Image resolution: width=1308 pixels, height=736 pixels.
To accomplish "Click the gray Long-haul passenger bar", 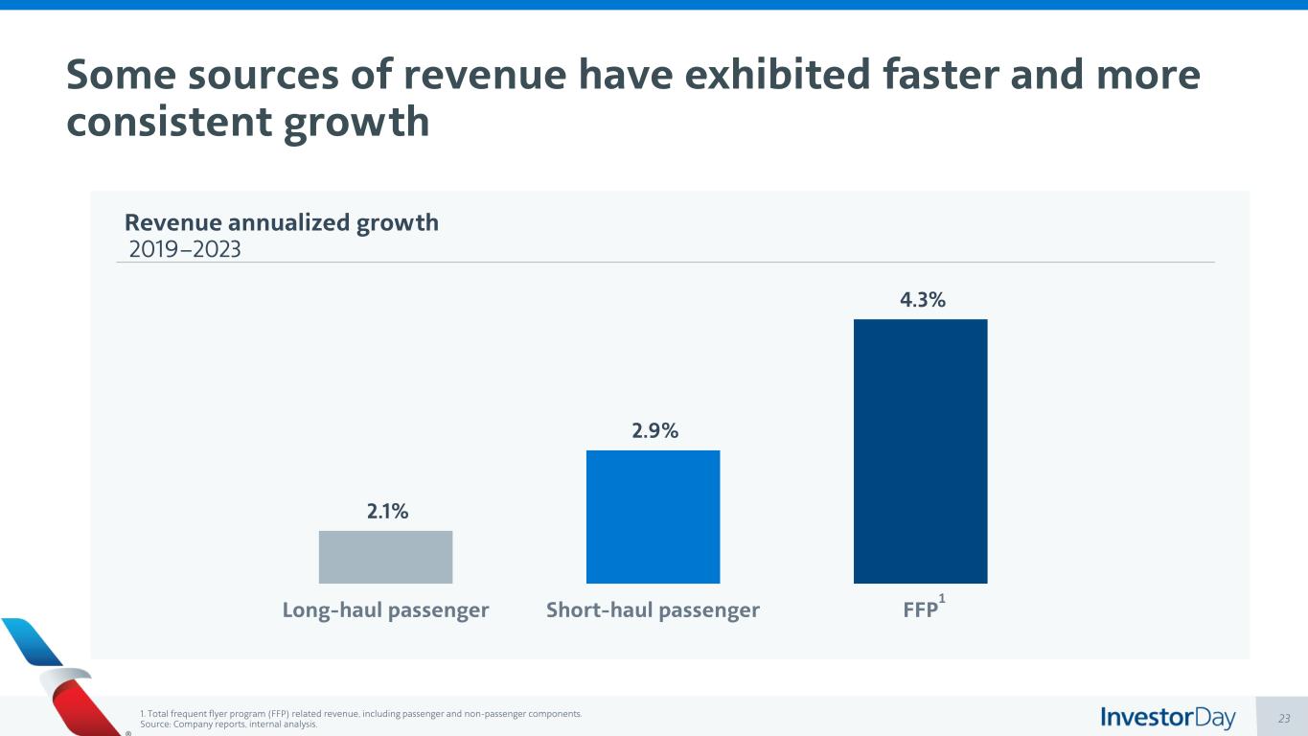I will pyautogui.click(x=385, y=557).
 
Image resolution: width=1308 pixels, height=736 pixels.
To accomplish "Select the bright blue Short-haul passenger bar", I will pyautogui.click(x=653, y=517).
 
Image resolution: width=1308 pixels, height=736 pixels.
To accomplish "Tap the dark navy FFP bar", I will pyautogui.click(x=920, y=450).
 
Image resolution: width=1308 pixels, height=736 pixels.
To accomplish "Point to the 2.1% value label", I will pyautogui.click(x=387, y=512).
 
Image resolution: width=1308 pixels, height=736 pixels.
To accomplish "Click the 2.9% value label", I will pyautogui.click(x=654, y=431).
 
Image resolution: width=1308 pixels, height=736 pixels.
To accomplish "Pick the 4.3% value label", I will pyautogui.click(x=922, y=300).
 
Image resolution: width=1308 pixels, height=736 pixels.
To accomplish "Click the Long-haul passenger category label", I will pyautogui.click(x=385, y=610).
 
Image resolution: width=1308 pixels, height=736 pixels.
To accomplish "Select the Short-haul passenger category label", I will pyautogui.click(x=653, y=610).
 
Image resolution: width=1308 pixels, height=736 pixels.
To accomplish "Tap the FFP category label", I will pyautogui.click(x=920, y=610).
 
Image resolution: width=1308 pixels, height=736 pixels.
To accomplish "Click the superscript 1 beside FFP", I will pyautogui.click(x=942, y=599).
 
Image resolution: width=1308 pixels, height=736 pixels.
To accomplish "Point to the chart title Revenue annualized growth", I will pyautogui.click(x=282, y=222).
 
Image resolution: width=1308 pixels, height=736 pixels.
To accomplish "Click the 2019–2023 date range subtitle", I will pyautogui.click(x=185, y=249).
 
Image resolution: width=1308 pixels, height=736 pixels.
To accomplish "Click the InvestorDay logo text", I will pyautogui.click(x=1168, y=717).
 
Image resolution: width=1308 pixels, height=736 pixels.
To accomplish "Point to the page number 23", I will pyautogui.click(x=1284, y=718).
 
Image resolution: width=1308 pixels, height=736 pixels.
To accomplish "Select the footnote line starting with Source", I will pyautogui.click(x=228, y=725).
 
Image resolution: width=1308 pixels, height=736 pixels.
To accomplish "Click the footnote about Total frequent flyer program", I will pyautogui.click(x=360, y=714).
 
